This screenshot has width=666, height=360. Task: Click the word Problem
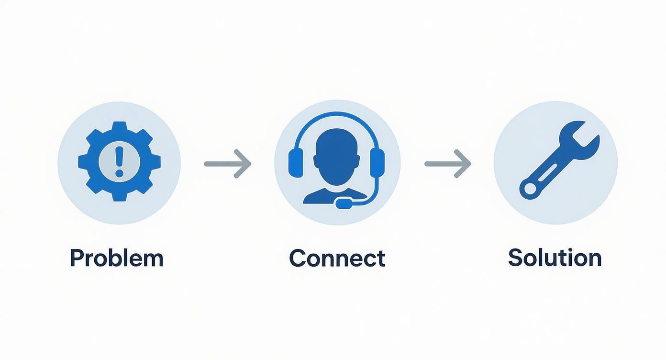pyautogui.click(x=117, y=258)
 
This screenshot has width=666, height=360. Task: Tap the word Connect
pyautogui.click(x=337, y=258)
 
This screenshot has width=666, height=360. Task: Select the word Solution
pyautogui.click(x=555, y=258)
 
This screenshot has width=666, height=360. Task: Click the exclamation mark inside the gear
pyautogui.click(x=119, y=161)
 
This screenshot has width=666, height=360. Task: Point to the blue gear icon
pyautogui.click(x=119, y=161)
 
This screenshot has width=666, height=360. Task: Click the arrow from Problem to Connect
pyautogui.click(x=228, y=164)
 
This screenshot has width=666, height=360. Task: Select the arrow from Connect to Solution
pyautogui.click(x=448, y=164)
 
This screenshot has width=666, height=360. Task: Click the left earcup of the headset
pyautogui.click(x=296, y=163)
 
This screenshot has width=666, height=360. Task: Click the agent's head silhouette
pyautogui.click(x=336, y=157)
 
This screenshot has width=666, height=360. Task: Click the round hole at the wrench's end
pyautogui.click(x=530, y=188)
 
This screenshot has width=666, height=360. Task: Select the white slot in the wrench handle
pyautogui.click(x=547, y=173)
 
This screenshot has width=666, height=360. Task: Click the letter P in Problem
pyautogui.click(x=77, y=258)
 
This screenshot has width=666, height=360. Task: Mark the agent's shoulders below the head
pyautogui.click(x=335, y=196)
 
